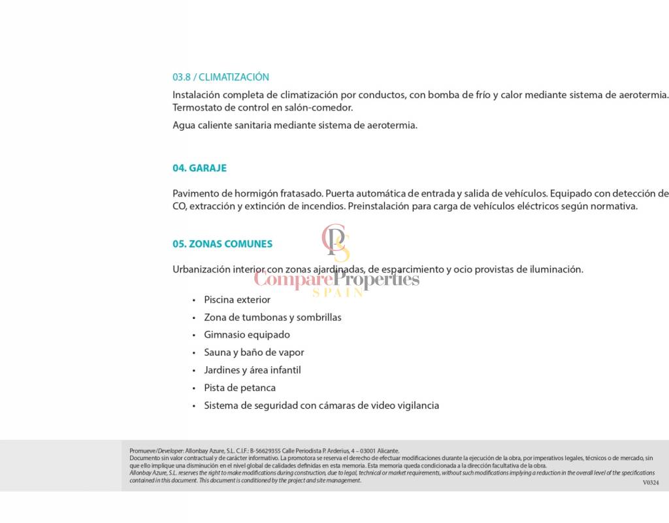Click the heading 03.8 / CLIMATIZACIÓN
(x=221, y=77)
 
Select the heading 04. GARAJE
(x=199, y=168)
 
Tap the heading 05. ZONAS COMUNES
(x=222, y=244)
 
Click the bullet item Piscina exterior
(x=237, y=299)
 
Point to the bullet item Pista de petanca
(x=240, y=388)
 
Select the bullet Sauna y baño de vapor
(x=254, y=352)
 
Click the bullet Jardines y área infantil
(x=252, y=370)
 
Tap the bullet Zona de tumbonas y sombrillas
(x=272, y=317)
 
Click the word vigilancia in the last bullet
(x=417, y=405)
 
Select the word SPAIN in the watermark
(x=337, y=293)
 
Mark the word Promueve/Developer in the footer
(x=156, y=451)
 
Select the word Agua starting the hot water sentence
(x=184, y=126)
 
